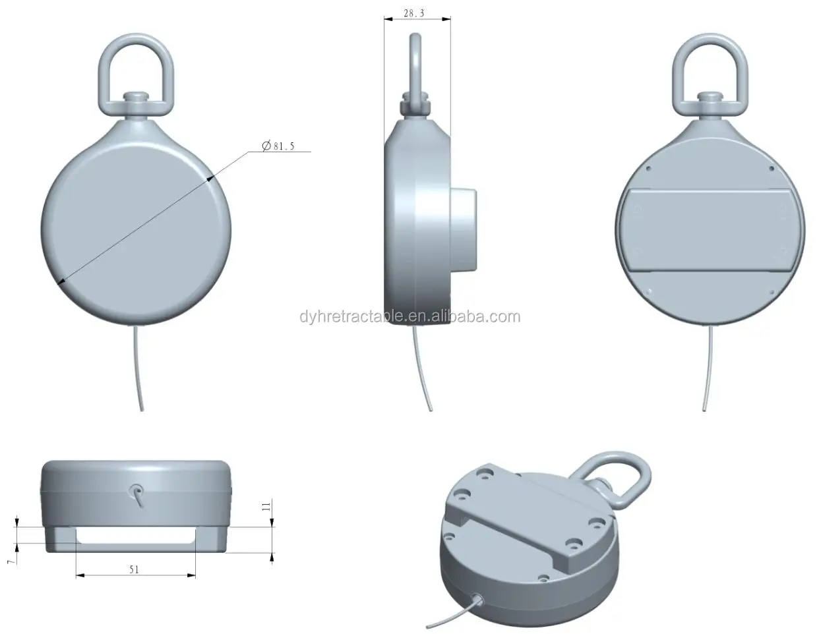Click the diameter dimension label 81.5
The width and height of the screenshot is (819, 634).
[x=284, y=146]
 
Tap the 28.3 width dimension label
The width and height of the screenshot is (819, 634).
[x=414, y=13]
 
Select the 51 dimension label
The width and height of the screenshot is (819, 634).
[x=134, y=569]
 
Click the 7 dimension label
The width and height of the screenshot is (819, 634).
[x=10, y=560]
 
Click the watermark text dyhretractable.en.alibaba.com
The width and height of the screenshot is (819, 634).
[x=409, y=317]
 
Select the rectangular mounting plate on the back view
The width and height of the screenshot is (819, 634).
[x=710, y=230]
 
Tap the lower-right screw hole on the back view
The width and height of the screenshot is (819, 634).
[x=769, y=291]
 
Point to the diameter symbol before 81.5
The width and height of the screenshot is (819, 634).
[x=266, y=146]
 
